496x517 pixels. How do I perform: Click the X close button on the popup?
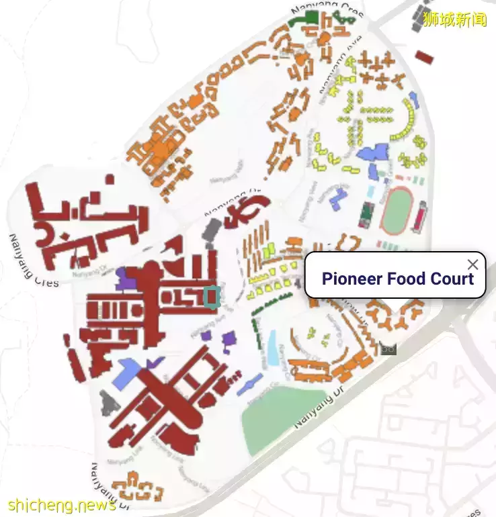coord(472,265)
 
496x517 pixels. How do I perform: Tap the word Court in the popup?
coord(452,279)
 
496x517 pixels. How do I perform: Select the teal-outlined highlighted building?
coord(212,297)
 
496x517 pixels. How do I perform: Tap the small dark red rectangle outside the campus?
coord(424,57)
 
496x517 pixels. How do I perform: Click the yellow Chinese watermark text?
coord(455,19)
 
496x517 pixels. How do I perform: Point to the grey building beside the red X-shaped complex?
coord(107,404)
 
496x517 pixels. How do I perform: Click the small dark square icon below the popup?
coord(388,348)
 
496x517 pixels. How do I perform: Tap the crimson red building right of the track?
coord(421,218)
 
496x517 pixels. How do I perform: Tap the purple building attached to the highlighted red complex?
coord(126,277)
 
